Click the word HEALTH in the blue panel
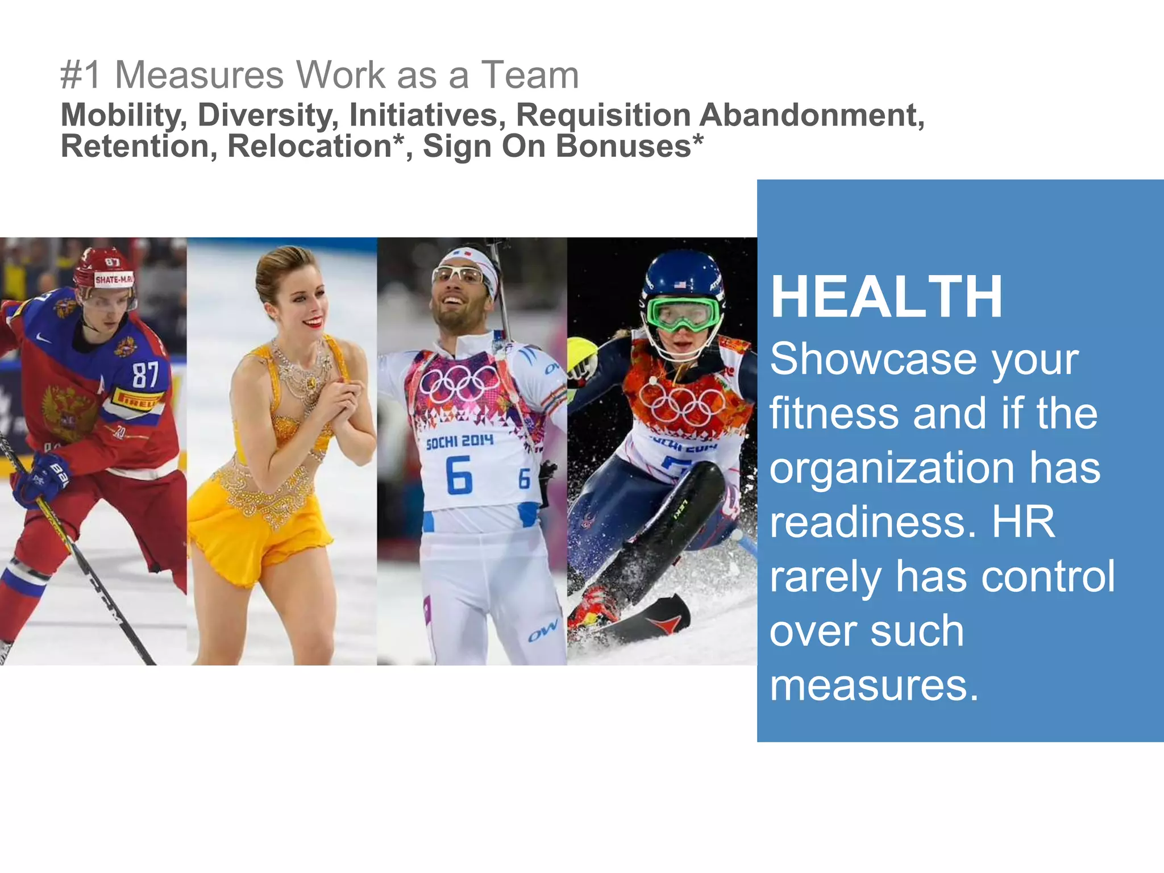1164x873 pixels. tap(886, 297)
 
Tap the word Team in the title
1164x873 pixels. tap(530, 75)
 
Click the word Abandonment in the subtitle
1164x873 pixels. tap(811, 115)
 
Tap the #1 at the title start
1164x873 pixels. tap(81, 75)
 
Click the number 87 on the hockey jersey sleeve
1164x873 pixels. tap(145, 375)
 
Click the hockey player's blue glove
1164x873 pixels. tap(43, 477)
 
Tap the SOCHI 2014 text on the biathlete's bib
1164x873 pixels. tap(459, 441)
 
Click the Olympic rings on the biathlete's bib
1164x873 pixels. tap(459, 384)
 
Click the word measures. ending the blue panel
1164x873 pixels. tap(874, 685)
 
